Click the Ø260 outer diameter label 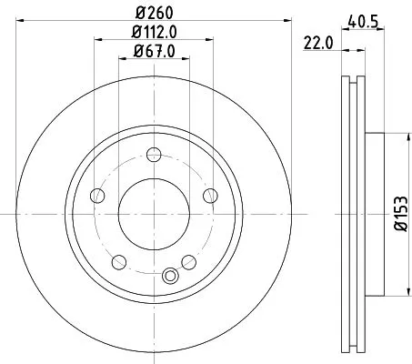(x=154, y=13)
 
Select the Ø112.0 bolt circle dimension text (x=154, y=35)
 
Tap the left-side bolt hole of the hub (x=96, y=195)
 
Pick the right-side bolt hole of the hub (x=211, y=195)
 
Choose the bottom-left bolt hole (x=119, y=262)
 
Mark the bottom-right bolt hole (x=188, y=262)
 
